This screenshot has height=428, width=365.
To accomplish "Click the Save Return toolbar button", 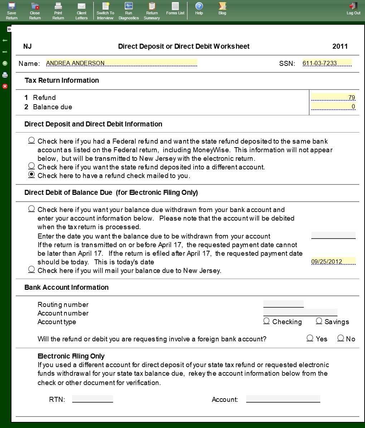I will coord(11,10).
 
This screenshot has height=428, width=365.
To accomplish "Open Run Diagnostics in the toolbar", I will coord(128,10).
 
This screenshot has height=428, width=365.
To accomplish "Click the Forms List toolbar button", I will coord(175,9).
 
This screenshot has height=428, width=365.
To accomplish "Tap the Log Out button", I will coord(353,9).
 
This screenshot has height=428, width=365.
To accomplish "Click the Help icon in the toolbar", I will coord(199,9).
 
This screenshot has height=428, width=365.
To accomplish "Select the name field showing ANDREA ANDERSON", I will coord(121,63).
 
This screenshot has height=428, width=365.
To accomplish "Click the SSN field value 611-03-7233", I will coord(327,63).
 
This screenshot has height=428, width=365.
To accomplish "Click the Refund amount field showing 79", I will coord(333,97).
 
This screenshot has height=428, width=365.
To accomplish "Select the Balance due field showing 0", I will coord(333,106).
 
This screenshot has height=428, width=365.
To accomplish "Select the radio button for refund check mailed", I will coord(31,174).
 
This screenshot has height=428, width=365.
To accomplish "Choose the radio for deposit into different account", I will coord(31,166).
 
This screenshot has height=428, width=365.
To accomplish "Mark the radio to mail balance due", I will coord(31,269).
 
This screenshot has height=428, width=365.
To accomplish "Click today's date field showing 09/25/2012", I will coord(333,261).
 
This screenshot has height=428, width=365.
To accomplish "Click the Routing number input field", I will coord(283,304).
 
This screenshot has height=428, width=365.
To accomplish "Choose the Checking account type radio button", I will coord(267,321).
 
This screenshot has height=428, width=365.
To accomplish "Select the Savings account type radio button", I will coord(319,321).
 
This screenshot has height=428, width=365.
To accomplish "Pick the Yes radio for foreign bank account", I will coord(310,338).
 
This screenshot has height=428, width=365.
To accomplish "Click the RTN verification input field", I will coord(93,399).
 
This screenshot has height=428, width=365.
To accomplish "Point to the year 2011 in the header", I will coord(340,46).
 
